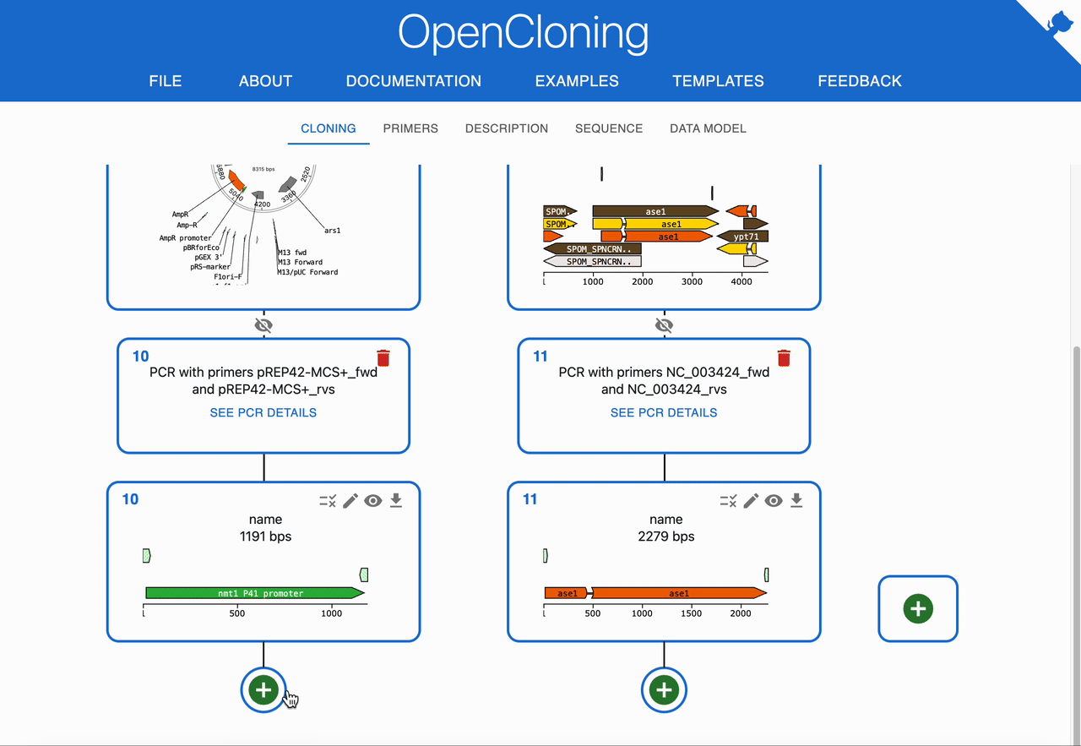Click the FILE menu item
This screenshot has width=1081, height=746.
point(165,81)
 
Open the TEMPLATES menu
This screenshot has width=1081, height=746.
point(718,81)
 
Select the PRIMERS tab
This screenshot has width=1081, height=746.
point(410,128)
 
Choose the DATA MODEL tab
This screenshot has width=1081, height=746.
point(708,128)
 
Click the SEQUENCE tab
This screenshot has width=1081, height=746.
point(609,128)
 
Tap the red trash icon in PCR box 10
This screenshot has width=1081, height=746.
point(383,358)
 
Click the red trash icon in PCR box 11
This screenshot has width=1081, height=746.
point(784,358)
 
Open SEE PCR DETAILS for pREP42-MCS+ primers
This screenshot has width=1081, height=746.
point(263,412)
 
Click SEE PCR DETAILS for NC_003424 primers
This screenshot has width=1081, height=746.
point(664,412)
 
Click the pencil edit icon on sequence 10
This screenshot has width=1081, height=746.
point(350,501)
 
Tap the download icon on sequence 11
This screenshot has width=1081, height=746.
point(796,501)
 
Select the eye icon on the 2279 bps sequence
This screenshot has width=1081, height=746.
point(774,501)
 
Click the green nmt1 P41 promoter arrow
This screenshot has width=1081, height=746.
point(254,593)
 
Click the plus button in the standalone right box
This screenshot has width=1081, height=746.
point(918,608)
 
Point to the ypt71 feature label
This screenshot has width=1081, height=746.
point(746,237)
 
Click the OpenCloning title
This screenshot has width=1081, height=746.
point(524,34)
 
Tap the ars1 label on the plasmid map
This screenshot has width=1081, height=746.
point(333,230)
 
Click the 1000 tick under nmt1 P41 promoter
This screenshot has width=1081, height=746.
point(331,613)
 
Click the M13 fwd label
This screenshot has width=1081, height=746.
point(292,252)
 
